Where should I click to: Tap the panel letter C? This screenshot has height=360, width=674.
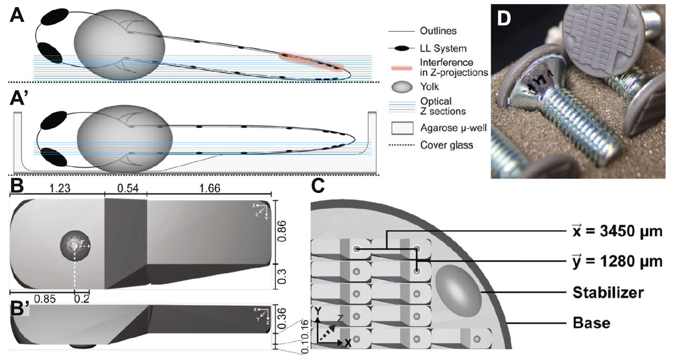319,187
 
